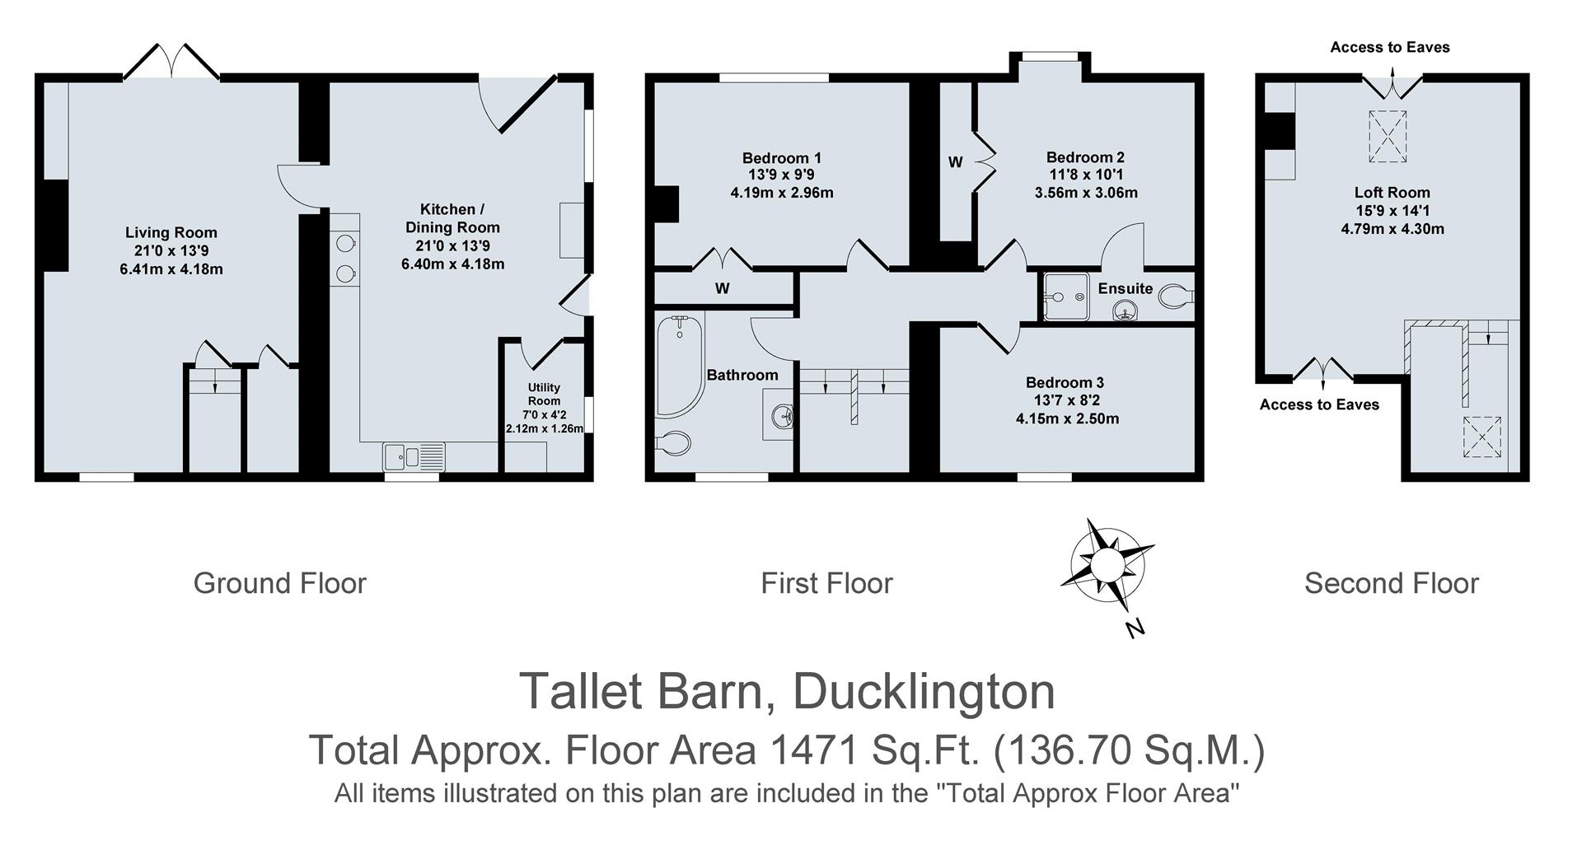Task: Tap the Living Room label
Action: pos(171,233)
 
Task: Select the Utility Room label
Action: pos(544,394)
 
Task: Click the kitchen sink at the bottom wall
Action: pos(414,457)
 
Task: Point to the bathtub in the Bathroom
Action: pos(680,367)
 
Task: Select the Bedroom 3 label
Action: pos(1065,382)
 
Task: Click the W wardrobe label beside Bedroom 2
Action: pos(955,162)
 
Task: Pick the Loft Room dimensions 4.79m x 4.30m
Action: pos(1392,229)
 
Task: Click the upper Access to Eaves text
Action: pos(1389,47)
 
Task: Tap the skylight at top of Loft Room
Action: pos(1389,136)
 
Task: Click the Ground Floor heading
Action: pos(279,583)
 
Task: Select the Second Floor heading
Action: pos(1391,583)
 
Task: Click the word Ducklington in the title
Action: pos(923,692)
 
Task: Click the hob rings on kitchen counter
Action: pos(345,258)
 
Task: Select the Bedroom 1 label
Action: pos(781,157)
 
